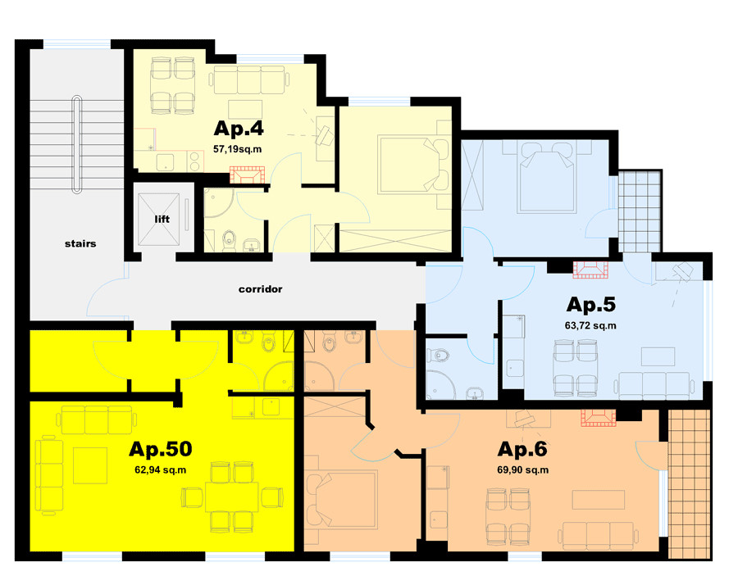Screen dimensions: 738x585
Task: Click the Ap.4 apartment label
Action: (239, 129)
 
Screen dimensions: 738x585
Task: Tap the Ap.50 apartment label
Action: (161, 449)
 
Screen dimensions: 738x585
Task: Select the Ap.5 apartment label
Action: (590, 305)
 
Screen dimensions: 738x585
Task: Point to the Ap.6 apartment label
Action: (522, 449)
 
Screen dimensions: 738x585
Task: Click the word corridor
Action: (260, 289)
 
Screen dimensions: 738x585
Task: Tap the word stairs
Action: (80, 243)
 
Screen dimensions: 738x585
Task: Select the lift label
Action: (162, 219)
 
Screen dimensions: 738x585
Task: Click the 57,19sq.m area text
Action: (237, 150)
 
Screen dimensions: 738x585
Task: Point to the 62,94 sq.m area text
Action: (161, 469)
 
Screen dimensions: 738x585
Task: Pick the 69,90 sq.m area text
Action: (523, 469)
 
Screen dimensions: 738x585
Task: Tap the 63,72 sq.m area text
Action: (590, 325)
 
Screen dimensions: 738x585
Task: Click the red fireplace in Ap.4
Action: (247, 175)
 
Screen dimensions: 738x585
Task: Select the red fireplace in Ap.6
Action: (598, 418)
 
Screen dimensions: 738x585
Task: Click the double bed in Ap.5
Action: (546, 178)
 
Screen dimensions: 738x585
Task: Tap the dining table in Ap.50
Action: (231, 497)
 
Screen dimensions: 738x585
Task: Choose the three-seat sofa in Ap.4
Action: (249, 79)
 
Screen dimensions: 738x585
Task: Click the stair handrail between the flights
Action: (77, 144)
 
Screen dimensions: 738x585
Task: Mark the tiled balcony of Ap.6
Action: (689, 484)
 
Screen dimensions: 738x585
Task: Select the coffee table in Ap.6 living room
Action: (599, 500)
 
